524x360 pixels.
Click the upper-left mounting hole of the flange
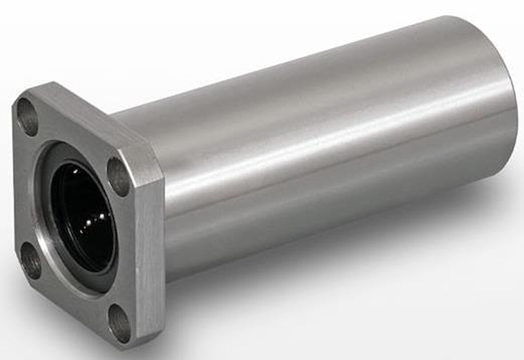tap(28, 116)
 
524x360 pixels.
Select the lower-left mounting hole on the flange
tap(32, 260)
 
